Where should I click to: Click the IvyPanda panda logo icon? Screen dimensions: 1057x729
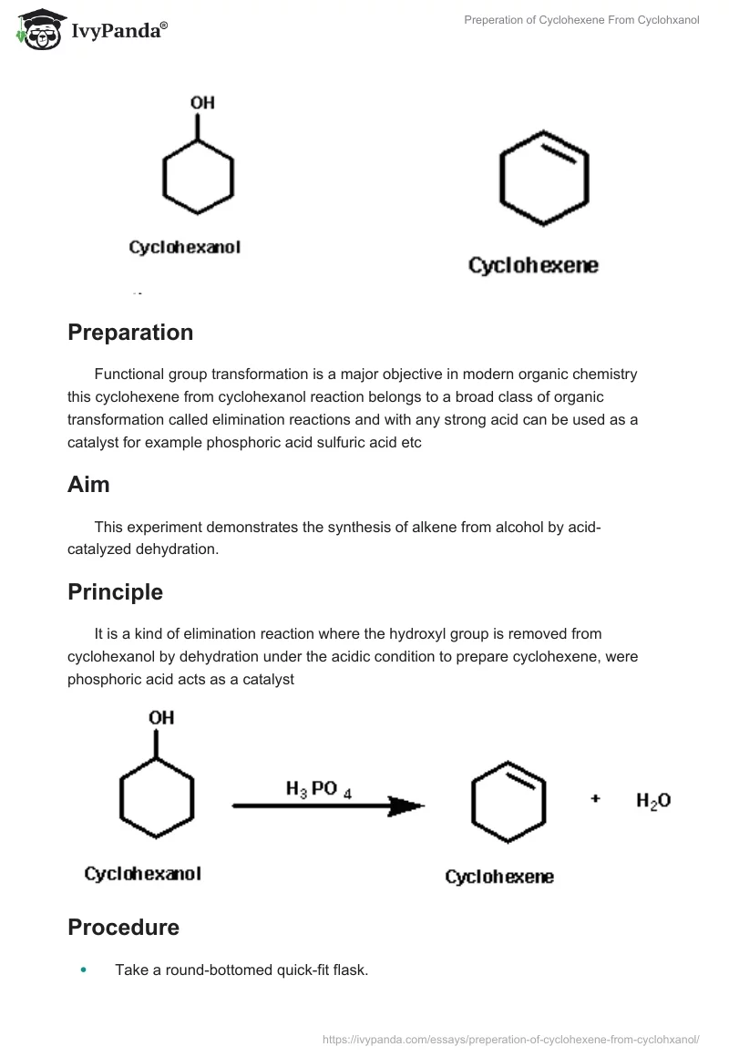click(38, 30)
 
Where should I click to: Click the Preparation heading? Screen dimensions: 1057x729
click(130, 333)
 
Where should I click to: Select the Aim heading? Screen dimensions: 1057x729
click(88, 485)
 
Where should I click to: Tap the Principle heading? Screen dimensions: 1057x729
click(115, 592)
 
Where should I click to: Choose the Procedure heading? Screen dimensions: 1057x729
click(123, 928)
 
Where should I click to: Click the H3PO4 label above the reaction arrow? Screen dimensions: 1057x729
click(318, 790)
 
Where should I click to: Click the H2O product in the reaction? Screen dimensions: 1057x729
click(653, 801)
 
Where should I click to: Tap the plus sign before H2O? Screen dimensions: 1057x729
click(596, 799)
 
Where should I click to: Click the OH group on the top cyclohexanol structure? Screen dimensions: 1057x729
click(202, 103)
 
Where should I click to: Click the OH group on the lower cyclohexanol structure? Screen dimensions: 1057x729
click(161, 718)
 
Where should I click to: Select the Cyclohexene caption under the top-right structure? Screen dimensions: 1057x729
click(533, 266)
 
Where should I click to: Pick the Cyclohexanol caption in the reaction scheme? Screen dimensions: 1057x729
click(142, 874)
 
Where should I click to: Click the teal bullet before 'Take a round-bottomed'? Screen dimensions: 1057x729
click(85, 970)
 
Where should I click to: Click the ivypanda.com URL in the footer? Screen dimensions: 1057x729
click(511, 1039)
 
